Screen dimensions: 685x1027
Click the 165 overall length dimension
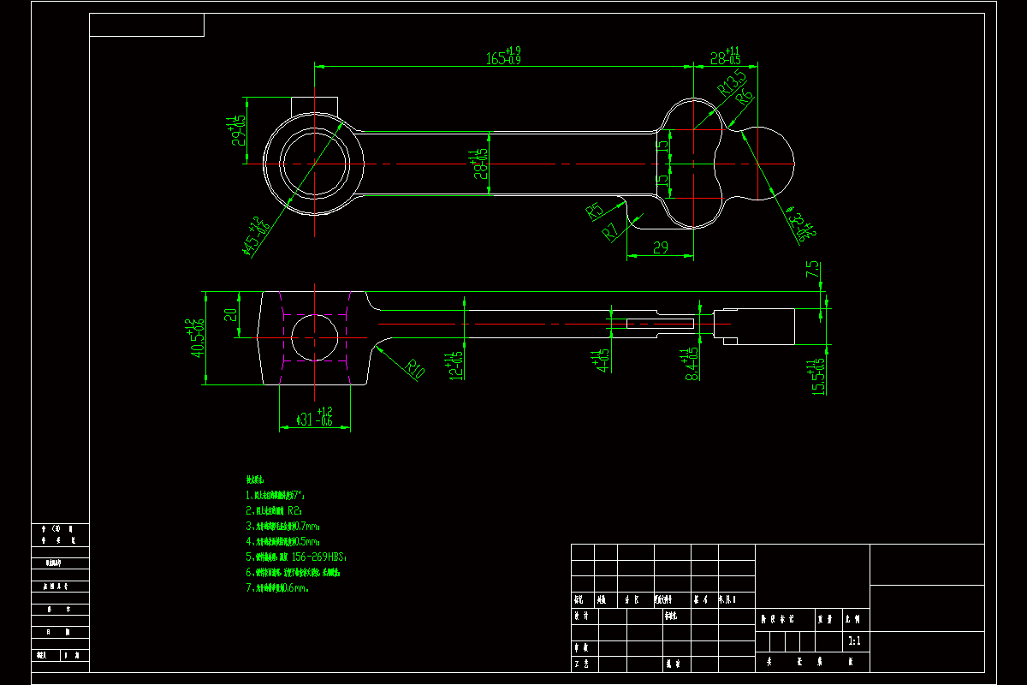[503, 57]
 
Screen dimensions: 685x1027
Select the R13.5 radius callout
[732, 82]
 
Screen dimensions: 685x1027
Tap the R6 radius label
[746, 98]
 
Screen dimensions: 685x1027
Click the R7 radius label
[611, 231]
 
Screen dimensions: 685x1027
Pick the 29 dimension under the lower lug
[660, 247]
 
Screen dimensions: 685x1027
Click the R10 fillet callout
[415, 369]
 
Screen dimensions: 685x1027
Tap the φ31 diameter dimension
[313, 417]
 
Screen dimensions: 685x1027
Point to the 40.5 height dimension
[197, 338]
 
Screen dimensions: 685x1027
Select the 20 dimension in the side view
[229, 314]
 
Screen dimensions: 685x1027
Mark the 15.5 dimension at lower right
[819, 375]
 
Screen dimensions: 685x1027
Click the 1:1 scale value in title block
[853, 640]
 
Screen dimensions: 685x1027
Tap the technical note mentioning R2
[274, 510]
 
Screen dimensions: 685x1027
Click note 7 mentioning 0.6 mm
[278, 588]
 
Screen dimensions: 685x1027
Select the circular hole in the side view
[314, 337]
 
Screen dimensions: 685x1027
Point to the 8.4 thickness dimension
[690, 363]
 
